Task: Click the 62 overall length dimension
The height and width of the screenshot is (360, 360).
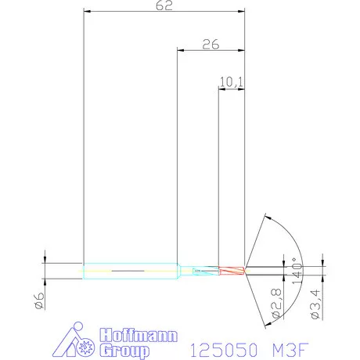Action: [164, 5]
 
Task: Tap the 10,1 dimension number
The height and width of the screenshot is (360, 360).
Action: [231, 81]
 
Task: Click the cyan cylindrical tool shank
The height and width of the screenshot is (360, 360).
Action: [129, 271]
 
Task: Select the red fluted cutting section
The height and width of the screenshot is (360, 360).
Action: [232, 271]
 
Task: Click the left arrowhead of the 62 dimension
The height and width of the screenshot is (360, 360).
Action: [87, 13]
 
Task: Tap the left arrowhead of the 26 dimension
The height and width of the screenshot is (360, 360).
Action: [180, 51]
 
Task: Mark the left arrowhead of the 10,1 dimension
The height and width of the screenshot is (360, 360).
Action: [221, 88]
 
